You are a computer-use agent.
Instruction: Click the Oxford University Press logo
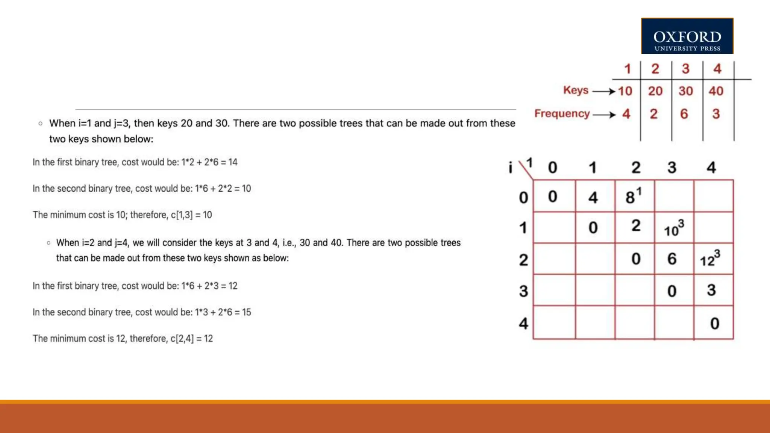pyautogui.click(x=687, y=36)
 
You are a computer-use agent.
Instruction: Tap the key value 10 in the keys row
pyautogui.click(x=625, y=91)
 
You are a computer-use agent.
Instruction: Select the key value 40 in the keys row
pyautogui.click(x=716, y=91)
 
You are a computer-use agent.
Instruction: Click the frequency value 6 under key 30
pyautogui.click(x=684, y=114)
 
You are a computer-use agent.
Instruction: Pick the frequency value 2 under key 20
pyautogui.click(x=654, y=114)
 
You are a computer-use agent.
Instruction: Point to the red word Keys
pyautogui.click(x=576, y=90)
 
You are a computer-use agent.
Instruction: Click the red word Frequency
pyautogui.click(x=562, y=114)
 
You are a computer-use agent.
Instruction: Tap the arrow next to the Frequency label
pyautogui.click(x=604, y=115)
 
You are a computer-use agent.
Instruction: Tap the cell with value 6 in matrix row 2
pyautogui.click(x=672, y=259)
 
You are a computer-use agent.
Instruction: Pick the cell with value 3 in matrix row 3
pyautogui.click(x=711, y=290)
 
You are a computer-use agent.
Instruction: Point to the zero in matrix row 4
pyautogui.click(x=715, y=324)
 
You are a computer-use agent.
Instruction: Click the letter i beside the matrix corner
pyautogui.click(x=510, y=167)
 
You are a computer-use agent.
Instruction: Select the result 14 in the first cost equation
pyautogui.click(x=233, y=162)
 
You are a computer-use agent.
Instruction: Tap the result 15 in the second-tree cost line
pyautogui.click(x=246, y=312)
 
